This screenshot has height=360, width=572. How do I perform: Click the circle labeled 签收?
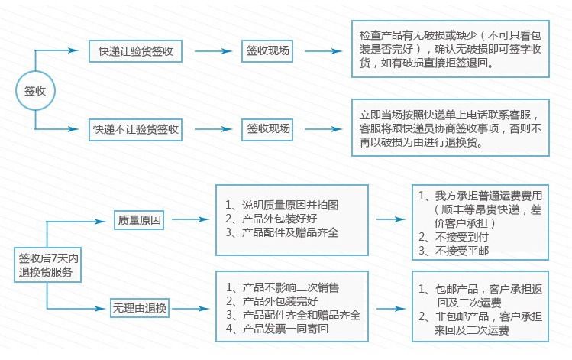pos(35,90)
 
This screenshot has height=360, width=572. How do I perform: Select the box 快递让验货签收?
pos(135,52)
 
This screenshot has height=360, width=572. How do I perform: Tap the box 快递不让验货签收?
pos(135,129)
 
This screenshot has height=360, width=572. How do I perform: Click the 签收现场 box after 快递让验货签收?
pos(268,52)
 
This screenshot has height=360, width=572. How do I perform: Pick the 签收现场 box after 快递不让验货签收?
pos(268,129)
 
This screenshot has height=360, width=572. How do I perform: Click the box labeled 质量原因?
pos(140,220)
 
